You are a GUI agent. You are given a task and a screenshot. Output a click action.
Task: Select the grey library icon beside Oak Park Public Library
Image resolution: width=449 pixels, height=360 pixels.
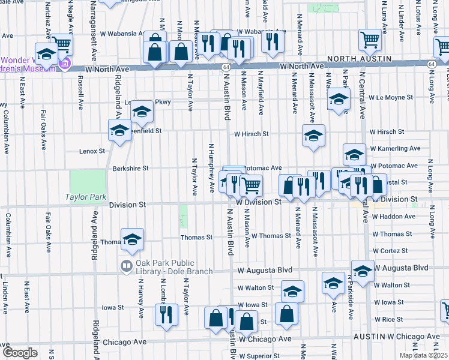[x=126, y=266]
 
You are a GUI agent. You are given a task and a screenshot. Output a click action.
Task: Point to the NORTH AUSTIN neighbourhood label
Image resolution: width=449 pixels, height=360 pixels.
[x=359, y=59]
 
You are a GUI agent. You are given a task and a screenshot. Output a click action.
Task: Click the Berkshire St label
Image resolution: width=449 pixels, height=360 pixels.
[x=130, y=169]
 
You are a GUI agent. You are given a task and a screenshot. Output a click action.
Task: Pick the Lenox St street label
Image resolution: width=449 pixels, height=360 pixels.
[x=92, y=152]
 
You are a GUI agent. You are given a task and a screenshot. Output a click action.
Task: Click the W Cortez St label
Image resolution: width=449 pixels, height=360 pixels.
[x=390, y=250]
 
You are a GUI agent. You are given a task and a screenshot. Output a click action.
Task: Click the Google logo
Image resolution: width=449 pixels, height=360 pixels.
[x=20, y=353]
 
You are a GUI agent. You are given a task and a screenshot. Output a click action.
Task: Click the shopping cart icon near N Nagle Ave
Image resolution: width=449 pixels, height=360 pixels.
[x=61, y=43]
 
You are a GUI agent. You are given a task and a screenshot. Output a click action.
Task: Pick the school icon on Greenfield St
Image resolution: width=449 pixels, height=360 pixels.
[x=120, y=130]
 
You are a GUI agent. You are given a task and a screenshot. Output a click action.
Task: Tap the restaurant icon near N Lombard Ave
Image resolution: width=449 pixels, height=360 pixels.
[x=167, y=314]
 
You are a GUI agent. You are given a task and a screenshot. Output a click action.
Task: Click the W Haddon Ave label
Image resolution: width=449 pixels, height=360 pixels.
[x=394, y=216]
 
